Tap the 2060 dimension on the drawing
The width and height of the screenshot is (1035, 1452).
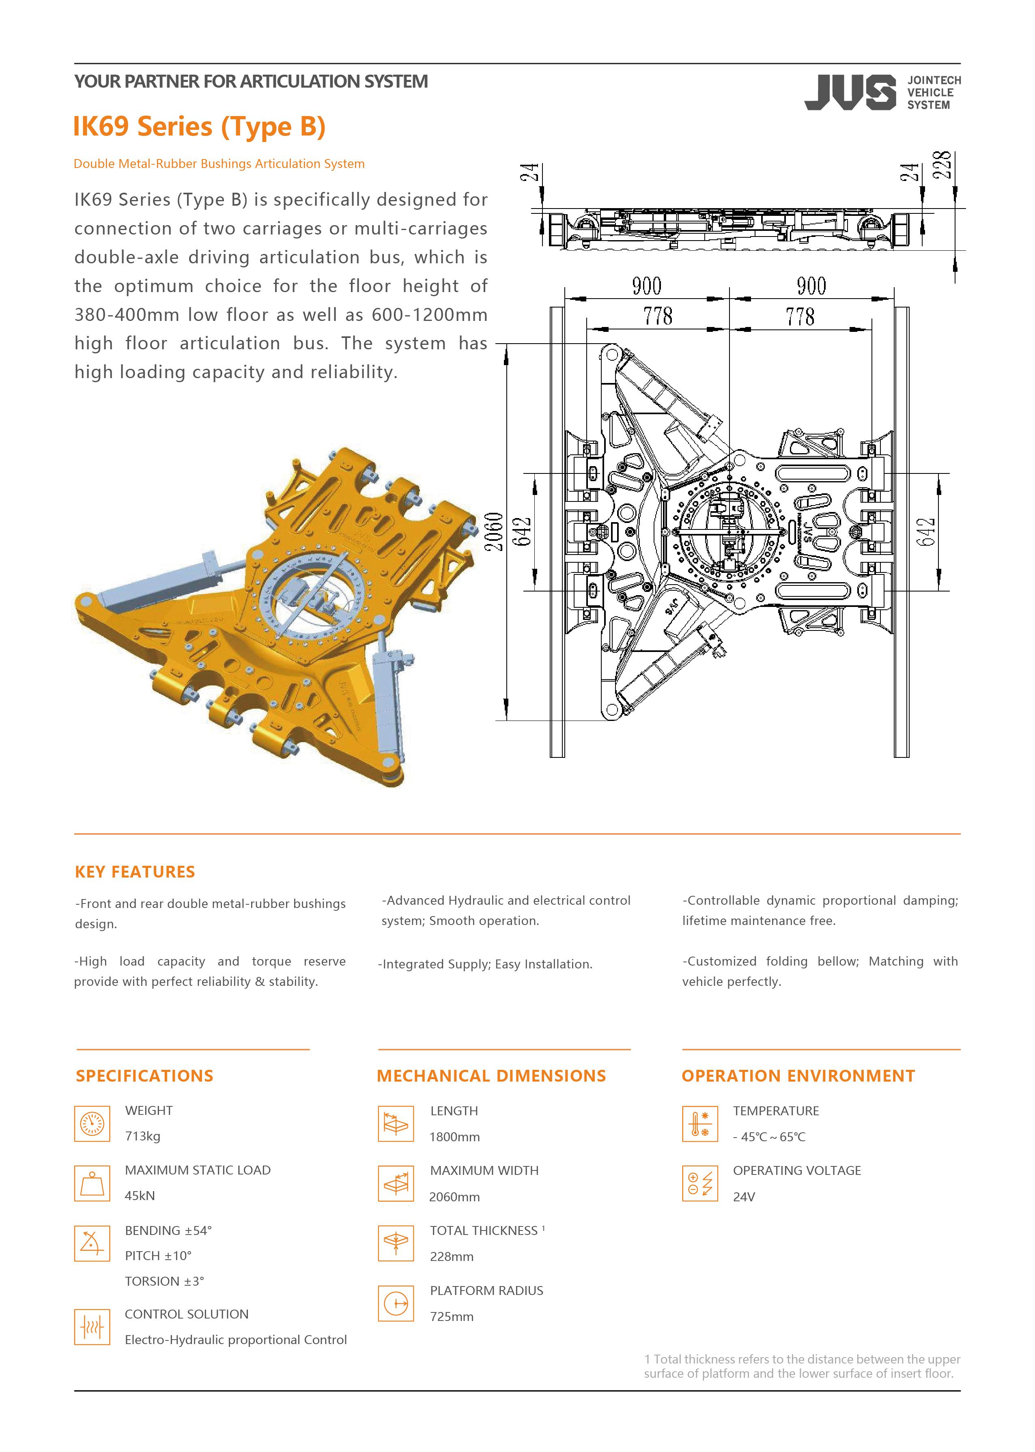[x=494, y=532]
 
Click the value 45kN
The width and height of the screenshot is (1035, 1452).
[x=140, y=1195]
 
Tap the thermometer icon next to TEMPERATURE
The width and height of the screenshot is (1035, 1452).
[x=700, y=1123]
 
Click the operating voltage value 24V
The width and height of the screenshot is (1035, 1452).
[x=744, y=1196]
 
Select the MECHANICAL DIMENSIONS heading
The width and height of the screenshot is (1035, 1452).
[x=491, y=1076]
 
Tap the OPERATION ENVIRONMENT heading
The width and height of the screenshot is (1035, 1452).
[x=798, y=1076]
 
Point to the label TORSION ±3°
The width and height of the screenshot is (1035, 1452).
[x=164, y=1281]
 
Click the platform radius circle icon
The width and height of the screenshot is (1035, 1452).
[x=396, y=1304]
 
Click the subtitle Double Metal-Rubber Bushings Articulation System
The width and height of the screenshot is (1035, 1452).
[x=219, y=164]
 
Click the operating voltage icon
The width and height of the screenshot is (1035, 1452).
[x=700, y=1183]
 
